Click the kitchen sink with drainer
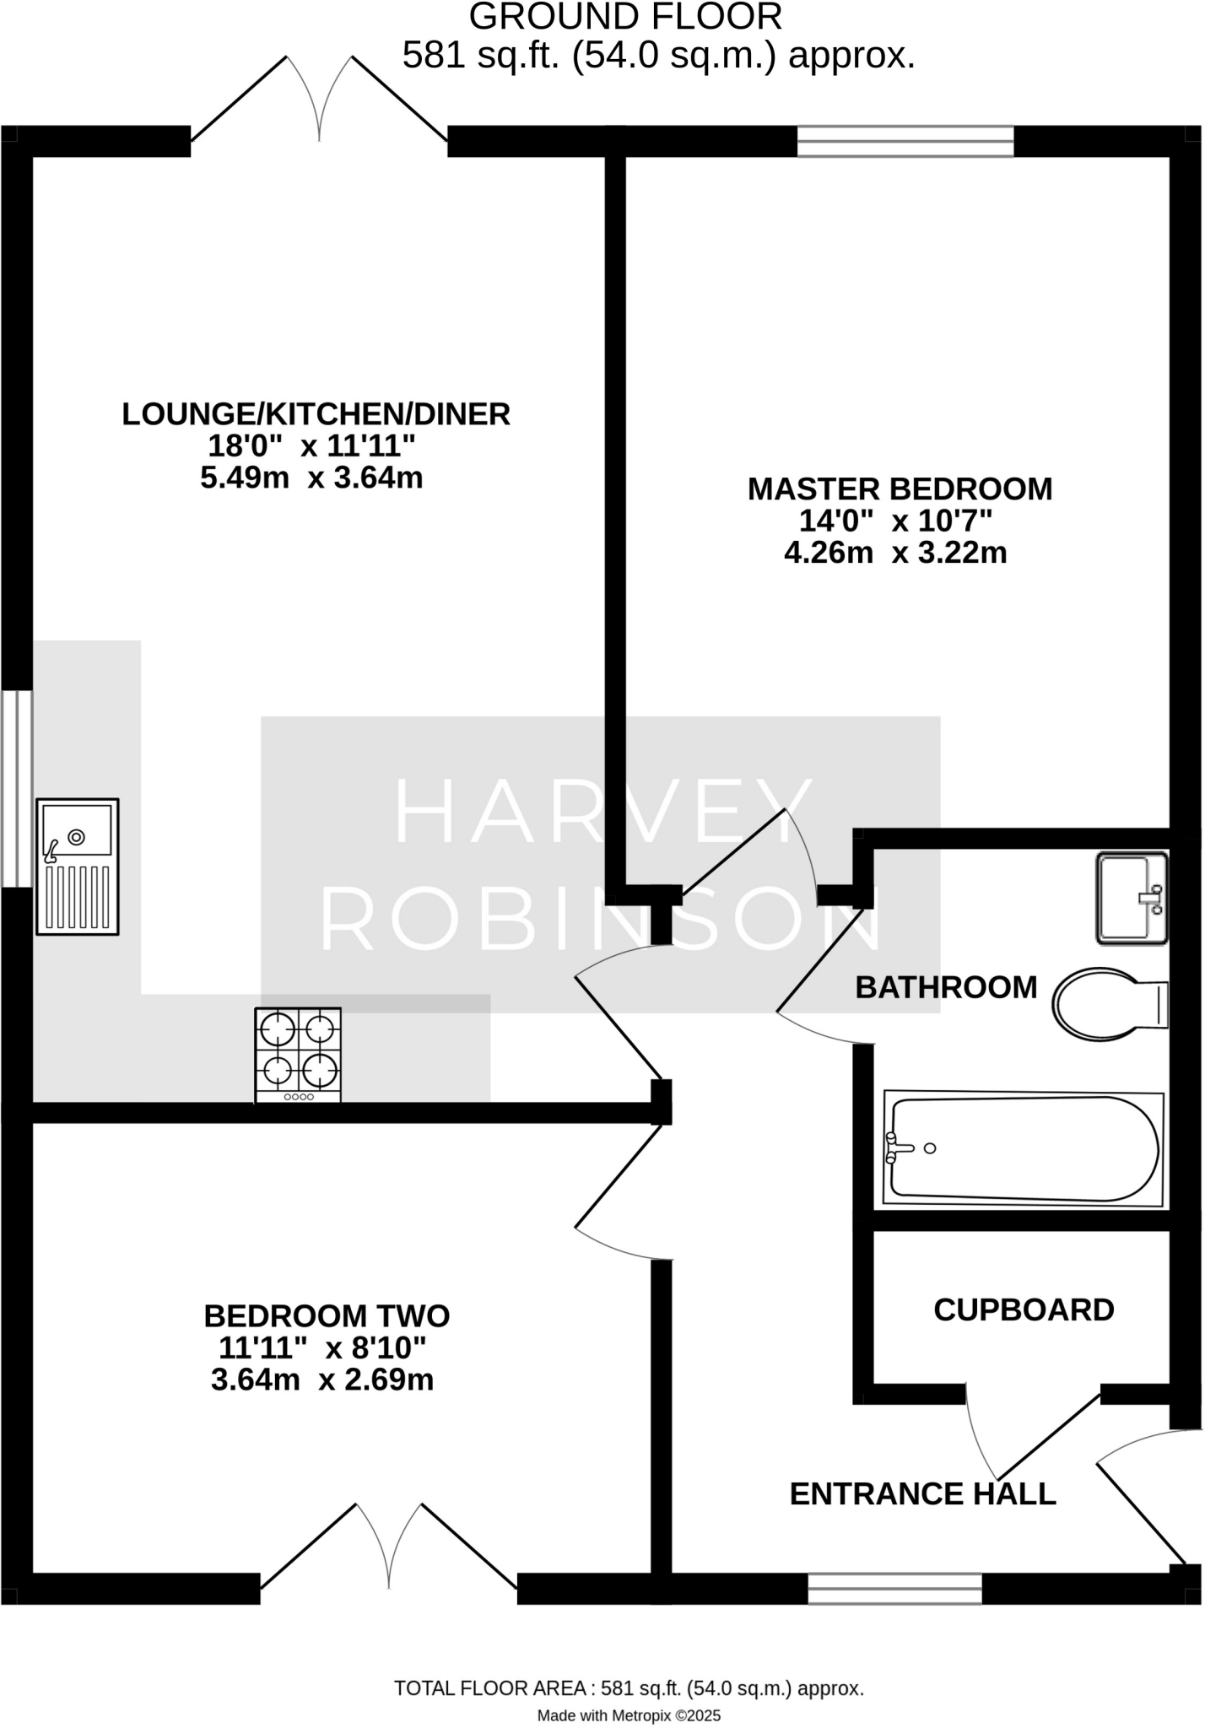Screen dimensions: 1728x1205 coord(78,867)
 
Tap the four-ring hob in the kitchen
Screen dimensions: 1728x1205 coord(299,1055)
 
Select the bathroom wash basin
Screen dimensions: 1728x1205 coord(1132,898)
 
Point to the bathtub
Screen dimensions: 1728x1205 coord(1024,1148)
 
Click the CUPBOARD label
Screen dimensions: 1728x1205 coord(1024,1310)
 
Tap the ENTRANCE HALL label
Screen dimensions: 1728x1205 coord(922,1494)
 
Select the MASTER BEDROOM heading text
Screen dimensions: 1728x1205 coord(900,489)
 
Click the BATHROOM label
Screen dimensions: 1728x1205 coord(946,987)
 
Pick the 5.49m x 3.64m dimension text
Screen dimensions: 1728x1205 coord(311,478)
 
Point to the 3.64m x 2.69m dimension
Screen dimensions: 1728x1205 coord(322,1380)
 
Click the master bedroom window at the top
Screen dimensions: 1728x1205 coord(905,141)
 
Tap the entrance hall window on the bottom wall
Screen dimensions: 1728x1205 coord(894,1589)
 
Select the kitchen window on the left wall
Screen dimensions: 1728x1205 coord(16,789)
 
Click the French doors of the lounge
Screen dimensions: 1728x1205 coord(319,105)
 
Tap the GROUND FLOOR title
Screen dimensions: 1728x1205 coord(625,17)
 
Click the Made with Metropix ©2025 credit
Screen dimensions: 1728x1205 coord(629,1715)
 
